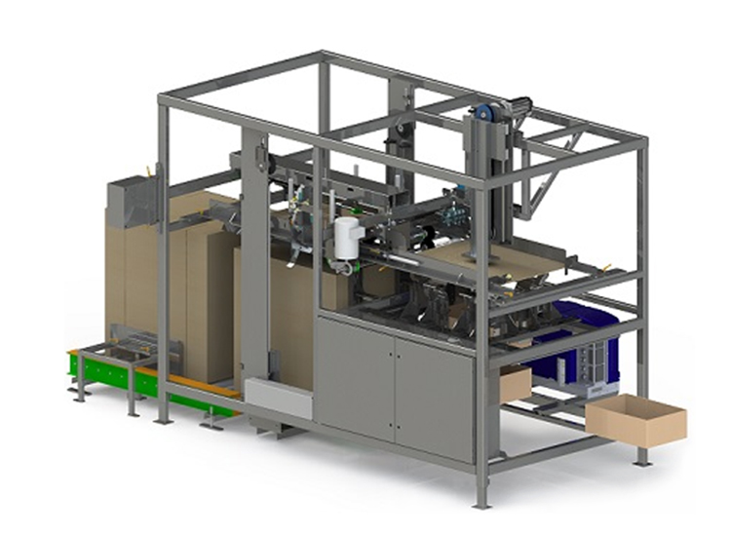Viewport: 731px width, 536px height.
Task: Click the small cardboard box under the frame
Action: point(515,383)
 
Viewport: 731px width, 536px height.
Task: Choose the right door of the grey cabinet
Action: point(434,390)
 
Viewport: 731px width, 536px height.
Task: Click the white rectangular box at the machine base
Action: point(278,398)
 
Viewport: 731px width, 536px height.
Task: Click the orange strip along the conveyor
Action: point(200,384)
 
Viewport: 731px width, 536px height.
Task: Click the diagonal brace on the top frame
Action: point(546,190)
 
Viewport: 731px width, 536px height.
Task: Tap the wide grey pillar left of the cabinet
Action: point(255,263)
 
